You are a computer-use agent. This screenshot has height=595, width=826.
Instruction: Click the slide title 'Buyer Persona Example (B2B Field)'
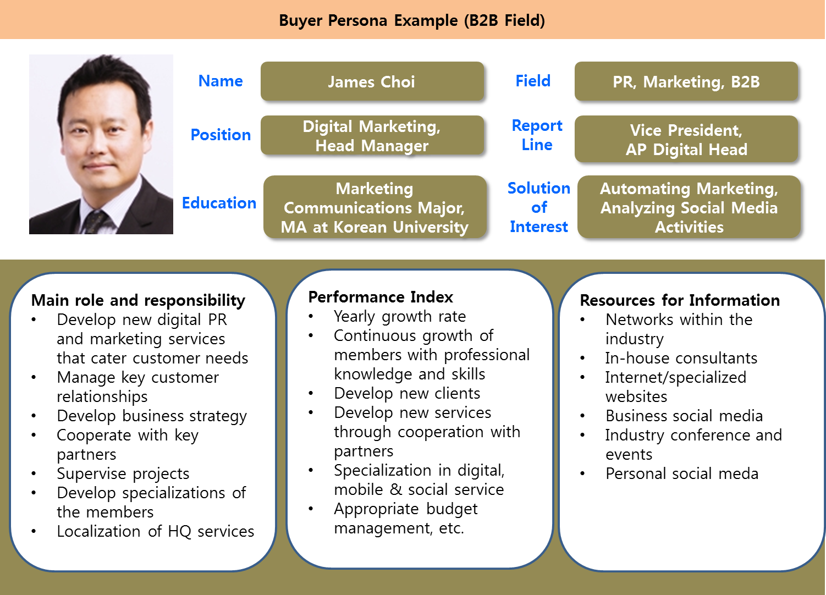(412, 20)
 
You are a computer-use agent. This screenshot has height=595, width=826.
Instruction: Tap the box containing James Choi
(372, 82)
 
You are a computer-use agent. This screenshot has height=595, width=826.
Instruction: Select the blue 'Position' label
(221, 135)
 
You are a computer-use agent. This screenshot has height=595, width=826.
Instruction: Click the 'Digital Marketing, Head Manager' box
(372, 136)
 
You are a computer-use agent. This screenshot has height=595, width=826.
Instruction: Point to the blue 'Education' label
(219, 203)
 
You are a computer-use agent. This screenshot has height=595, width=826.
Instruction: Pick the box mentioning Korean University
(375, 208)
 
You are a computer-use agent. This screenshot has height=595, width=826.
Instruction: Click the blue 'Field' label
(533, 81)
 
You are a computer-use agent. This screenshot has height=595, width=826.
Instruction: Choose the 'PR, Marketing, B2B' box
(686, 82)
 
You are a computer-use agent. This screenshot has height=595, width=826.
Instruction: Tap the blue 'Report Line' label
(537, 135)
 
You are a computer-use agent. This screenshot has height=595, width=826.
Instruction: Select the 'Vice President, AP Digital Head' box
(686, 140)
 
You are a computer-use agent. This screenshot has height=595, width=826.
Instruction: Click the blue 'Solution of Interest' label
(538, 207)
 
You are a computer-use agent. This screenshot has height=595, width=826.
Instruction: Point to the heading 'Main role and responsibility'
(138, 300)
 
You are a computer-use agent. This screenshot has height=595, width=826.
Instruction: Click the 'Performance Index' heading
(381, 297)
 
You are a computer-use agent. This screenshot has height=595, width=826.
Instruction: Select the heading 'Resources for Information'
(680, 300)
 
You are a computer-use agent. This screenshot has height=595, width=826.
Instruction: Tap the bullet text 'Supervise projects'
(123, 473)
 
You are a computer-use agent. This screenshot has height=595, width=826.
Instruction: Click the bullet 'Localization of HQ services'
(156, 531)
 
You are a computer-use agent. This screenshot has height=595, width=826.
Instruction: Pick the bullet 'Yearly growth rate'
(400, 316)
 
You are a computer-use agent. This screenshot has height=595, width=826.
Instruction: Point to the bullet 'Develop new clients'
(407, 393)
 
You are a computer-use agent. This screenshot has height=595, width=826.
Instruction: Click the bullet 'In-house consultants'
(681, 358)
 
